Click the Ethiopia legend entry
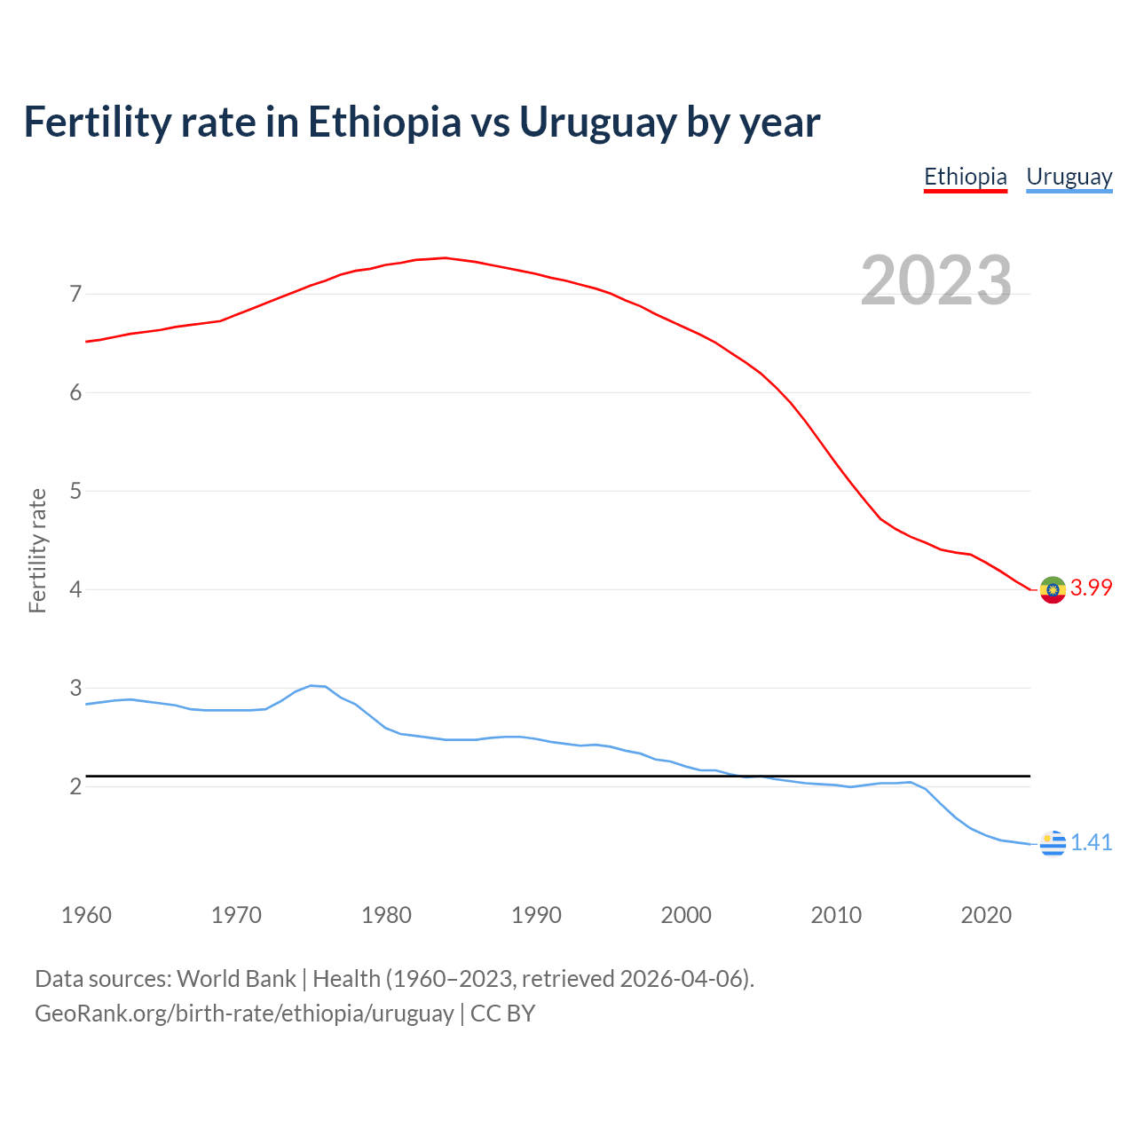coord(966,177)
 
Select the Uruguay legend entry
coord(1069,177)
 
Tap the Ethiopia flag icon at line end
coord(1053,589)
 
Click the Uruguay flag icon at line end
coord(1053,843)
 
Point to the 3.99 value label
coord(1091,588)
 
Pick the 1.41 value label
coord(1091,842)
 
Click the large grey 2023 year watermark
coord(935,280)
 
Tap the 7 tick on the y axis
coord(75,294)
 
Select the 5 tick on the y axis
coord(75,491)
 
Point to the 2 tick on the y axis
coord(75,786)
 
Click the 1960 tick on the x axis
coord(86,915)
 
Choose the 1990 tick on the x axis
coord(536,915)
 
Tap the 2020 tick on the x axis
coord(986,915)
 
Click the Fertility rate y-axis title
coord(37,550)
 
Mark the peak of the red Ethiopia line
coord(445,258)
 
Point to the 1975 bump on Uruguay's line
coord(312,686)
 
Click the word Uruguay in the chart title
coord(597,122)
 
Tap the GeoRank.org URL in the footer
coord(244,1014)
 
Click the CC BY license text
coord(502,1014)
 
